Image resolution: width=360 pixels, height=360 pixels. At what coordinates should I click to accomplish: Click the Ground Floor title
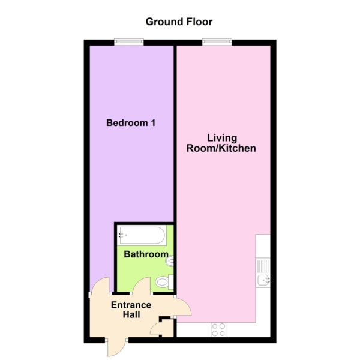click(x=179, y=22)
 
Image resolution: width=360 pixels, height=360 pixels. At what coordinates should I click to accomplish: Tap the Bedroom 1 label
click(x=131, y=123)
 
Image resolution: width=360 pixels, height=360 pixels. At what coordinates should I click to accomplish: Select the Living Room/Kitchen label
click(x=221, y=143)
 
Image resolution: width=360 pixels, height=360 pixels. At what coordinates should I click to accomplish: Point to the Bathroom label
click(x=146, y=254)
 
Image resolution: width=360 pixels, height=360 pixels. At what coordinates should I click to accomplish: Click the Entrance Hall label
click(x=131, y=310)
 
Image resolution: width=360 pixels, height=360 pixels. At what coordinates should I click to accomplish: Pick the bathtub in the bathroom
click(x=142, y=235)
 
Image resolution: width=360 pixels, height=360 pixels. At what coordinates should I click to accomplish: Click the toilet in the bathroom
click(x=164, y=282)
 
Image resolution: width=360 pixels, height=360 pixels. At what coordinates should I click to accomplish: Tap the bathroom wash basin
click(x=169, y=261)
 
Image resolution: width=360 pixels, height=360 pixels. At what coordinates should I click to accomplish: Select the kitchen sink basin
click(x=263, y=281)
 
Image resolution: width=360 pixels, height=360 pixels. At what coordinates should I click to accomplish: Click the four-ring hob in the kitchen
click(x=218, y=329)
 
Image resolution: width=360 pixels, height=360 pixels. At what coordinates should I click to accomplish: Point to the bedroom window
click(x=129, y=41)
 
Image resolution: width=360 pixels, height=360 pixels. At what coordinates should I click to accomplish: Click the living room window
click(x=217, y=41)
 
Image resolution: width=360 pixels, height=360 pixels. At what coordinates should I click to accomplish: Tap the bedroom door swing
click(x=99, y=284)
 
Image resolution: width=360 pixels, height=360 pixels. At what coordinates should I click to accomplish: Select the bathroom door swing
click(x=141, y=284)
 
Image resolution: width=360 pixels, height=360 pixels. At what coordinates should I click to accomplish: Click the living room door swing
click(x=183, y=307)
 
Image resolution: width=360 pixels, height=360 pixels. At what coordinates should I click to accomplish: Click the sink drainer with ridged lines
click(x=263, y=266)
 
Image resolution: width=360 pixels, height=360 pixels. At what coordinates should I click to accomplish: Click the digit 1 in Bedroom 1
click(x=153, y=123)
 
